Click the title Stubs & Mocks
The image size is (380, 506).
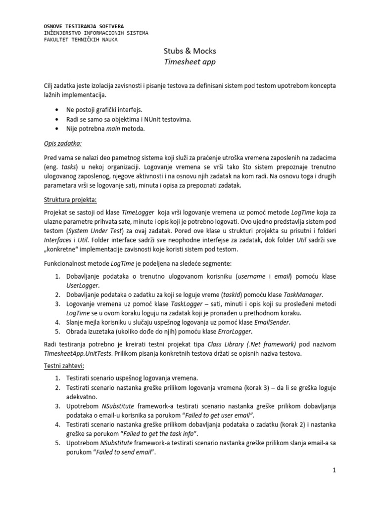190,51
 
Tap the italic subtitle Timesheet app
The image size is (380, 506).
190,62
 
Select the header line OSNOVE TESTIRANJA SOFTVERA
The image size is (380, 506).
84,26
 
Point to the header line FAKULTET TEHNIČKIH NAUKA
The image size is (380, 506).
81,40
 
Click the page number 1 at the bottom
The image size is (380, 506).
334,471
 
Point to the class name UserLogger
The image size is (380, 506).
83,285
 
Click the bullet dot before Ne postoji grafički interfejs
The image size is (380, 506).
59,109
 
